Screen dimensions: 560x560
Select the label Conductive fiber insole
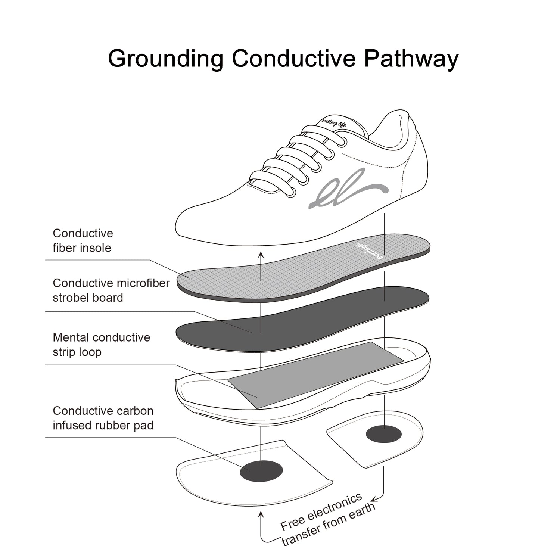83,240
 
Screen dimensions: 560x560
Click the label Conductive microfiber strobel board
111,290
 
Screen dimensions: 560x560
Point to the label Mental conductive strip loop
102,345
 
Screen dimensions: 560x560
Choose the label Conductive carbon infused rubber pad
103,418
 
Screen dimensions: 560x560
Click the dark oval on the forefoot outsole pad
261,471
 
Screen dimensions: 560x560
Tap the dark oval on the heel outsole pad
384,434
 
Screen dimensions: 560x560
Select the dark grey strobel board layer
302,319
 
